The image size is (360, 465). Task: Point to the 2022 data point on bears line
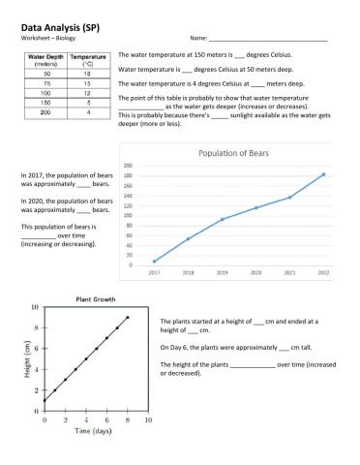(x=323, y=174)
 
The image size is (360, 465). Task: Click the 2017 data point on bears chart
(x=154, y=262)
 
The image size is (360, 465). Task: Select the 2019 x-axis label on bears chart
(x=222, y=273)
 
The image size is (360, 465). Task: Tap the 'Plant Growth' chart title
(x=95, y=298)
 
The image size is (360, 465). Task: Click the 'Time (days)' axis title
(x=95, y=431)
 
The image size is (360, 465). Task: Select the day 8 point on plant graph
(x=128, y=317)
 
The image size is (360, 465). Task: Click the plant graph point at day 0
(x=45, y=400)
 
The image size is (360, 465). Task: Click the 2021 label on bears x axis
(x=289, y=273)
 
